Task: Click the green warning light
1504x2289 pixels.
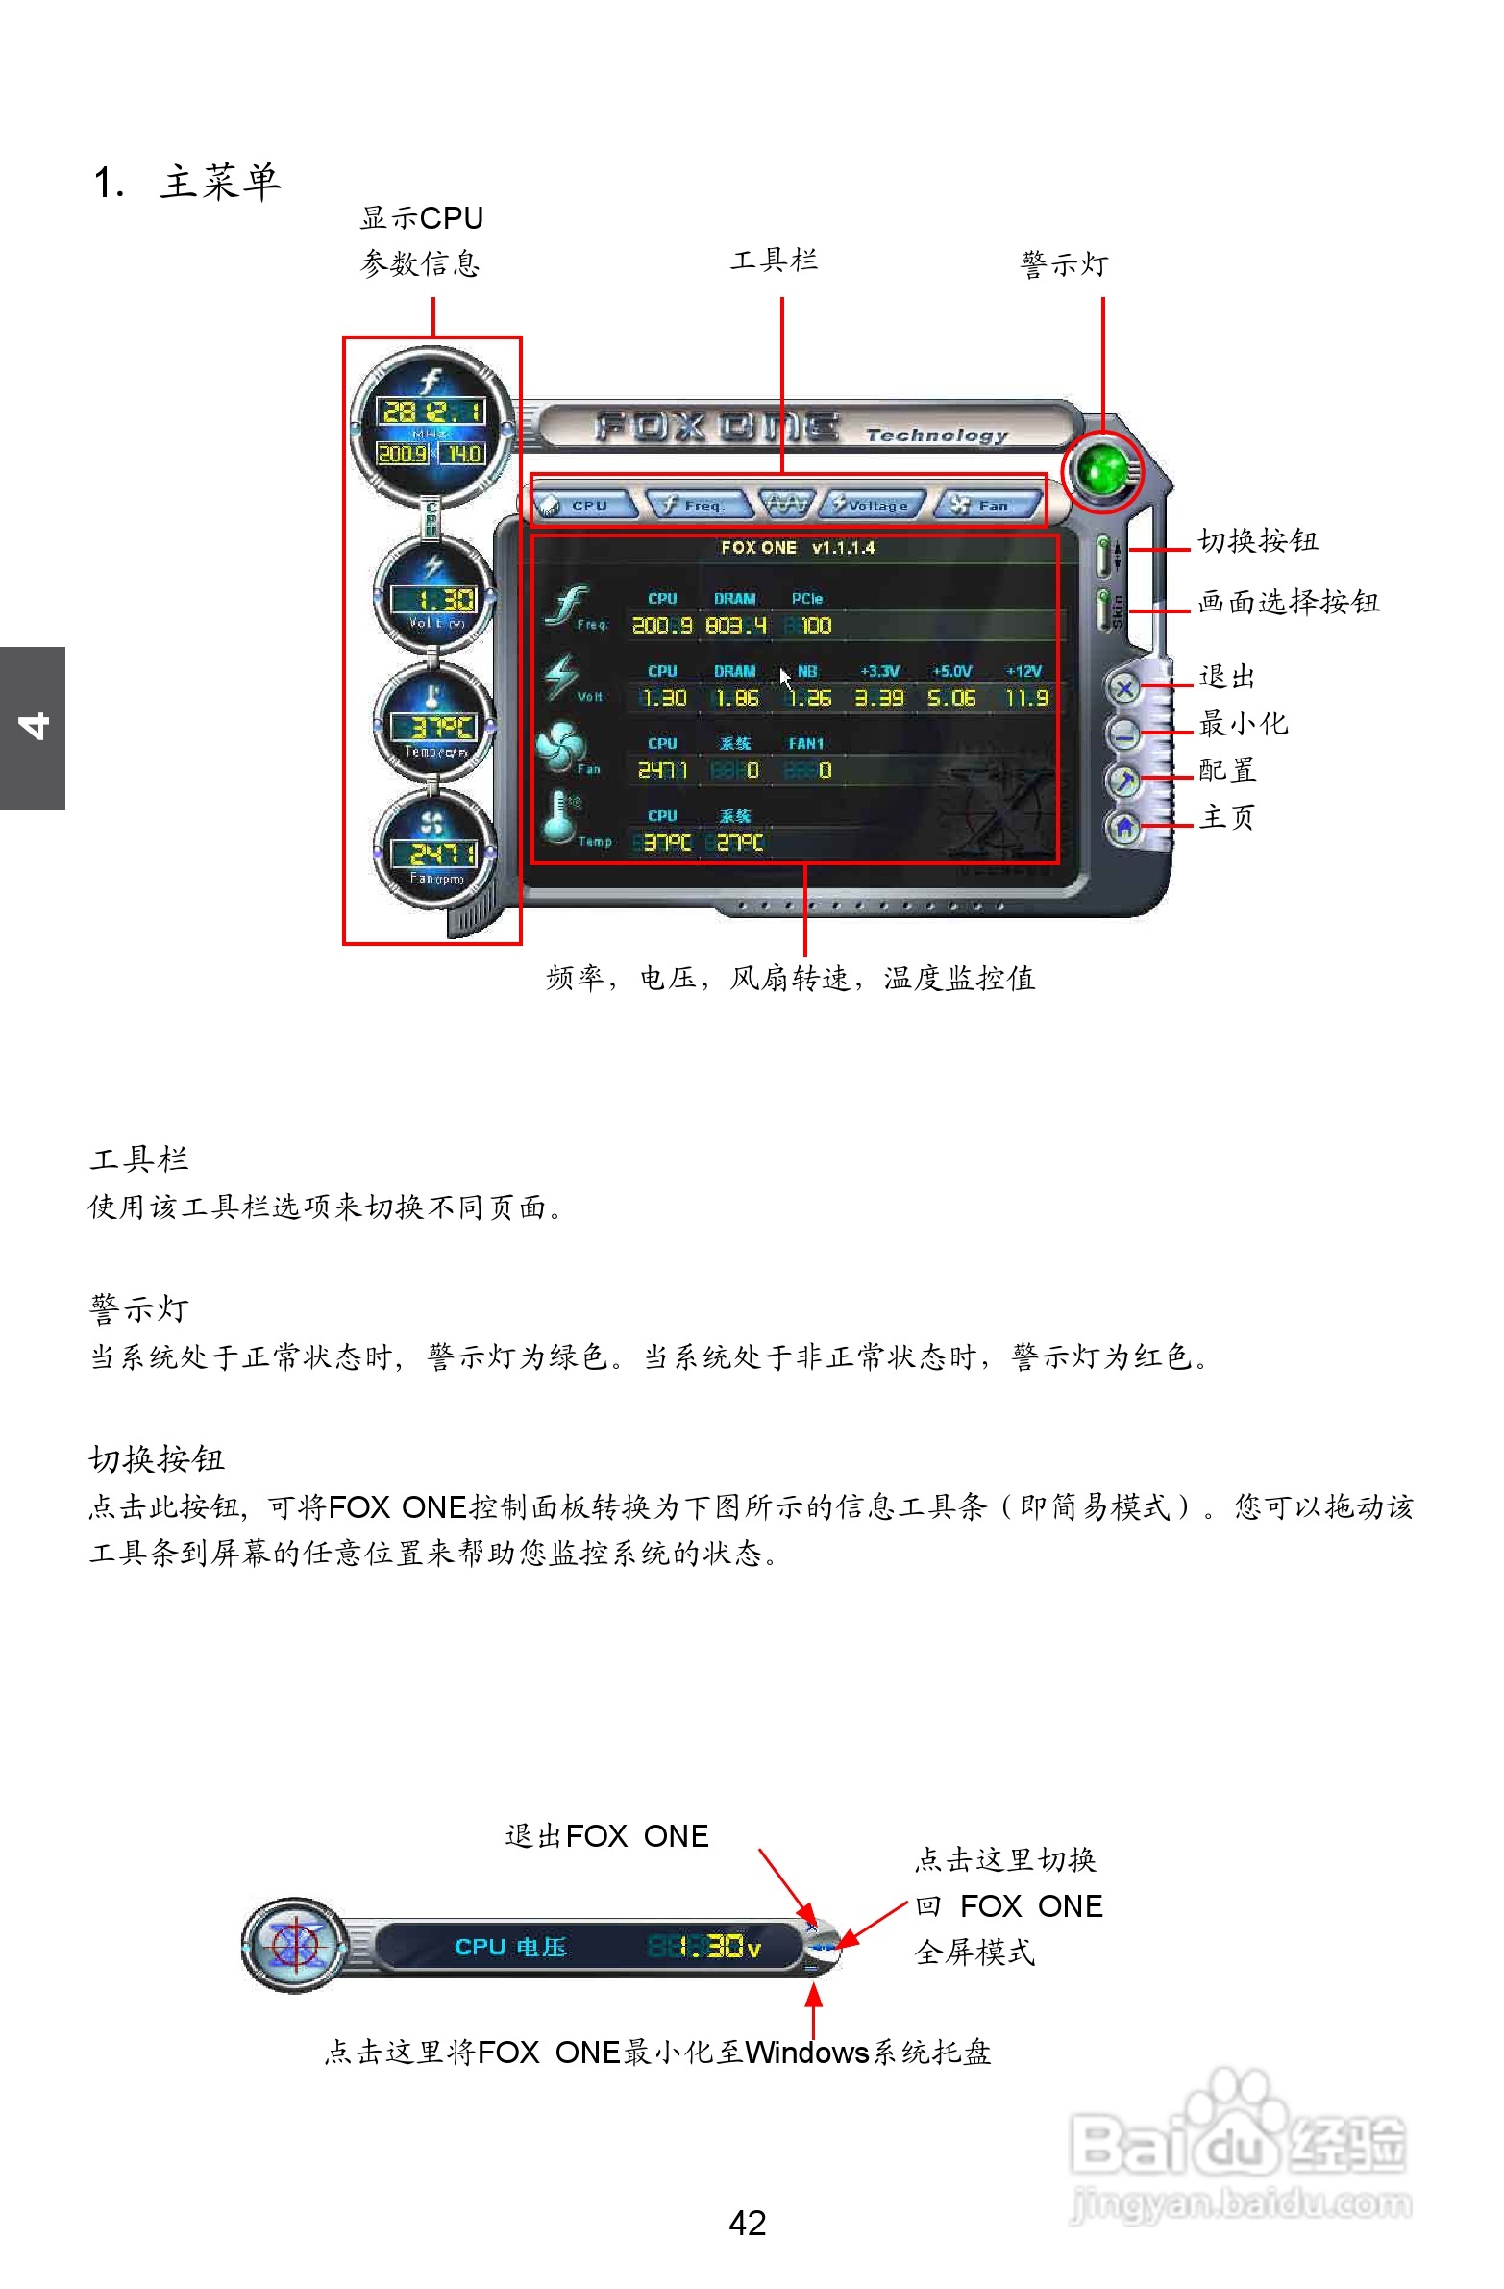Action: (1103, 470)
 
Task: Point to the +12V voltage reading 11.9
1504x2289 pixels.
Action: (1027, 698)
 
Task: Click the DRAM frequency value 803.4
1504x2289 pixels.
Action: (735, 626)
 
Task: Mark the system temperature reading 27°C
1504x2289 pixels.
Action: (739, 843)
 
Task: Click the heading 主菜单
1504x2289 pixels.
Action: (220, 182)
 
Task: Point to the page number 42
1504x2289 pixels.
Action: (747, 2223)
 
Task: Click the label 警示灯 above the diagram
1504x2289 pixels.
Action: (1065, 263)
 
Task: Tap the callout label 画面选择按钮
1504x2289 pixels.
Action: (1289, 602)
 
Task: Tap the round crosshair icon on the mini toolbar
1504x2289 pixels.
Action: (295, 1945)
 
